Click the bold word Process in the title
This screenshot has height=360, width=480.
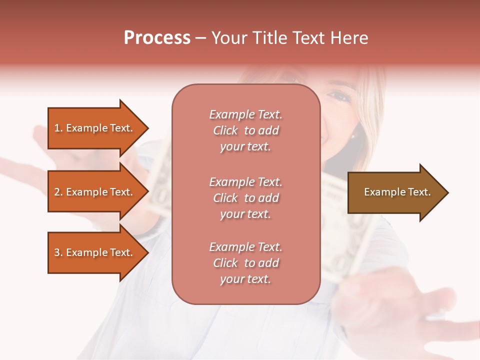157,38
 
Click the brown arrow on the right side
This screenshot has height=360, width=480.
395,192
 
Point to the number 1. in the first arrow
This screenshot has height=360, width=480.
58,128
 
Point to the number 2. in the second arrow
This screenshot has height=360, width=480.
58,192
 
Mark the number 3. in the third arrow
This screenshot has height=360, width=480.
58,252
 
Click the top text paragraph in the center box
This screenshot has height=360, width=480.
245,130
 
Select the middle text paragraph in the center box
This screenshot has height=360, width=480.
245,198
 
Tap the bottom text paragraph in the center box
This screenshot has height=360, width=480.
245,263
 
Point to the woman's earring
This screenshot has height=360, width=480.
353,135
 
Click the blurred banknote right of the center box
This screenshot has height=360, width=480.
345,225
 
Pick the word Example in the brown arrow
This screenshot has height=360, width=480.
381,192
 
